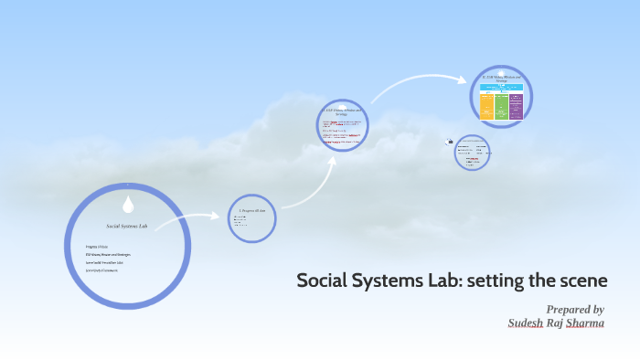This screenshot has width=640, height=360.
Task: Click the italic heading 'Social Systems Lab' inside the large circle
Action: click(x=127, y=225)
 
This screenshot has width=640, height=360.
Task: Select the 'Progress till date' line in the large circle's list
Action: click(x=98, y=247)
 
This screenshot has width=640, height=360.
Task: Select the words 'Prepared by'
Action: click(x=574, y=309)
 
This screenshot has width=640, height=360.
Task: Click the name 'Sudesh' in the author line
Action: click(x=528, y=323)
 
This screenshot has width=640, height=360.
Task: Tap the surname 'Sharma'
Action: click(x=581, y=323)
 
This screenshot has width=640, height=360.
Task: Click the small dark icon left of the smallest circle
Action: click(x=450, y=142)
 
